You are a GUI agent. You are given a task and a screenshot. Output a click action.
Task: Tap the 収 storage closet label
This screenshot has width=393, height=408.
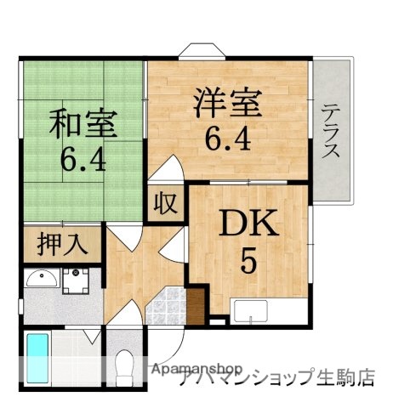[x=165, y=204]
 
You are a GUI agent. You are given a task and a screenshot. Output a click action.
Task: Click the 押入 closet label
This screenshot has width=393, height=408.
[x=62, y=244]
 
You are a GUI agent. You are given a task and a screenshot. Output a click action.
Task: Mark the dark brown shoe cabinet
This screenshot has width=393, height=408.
[x=197, y=302]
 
